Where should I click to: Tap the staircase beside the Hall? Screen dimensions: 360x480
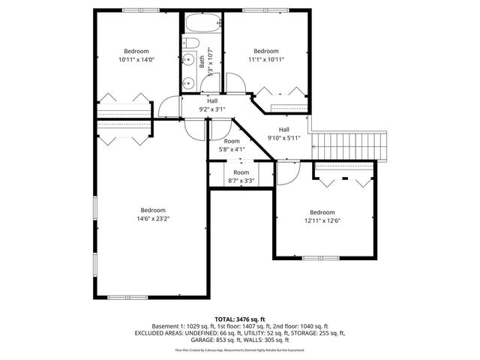pos(352,144)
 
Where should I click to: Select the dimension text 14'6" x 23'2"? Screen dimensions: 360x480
pos(152,219)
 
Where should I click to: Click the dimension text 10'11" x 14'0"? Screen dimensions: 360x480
pos(136,59)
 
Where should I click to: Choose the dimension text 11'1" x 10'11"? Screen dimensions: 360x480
pos(266,59)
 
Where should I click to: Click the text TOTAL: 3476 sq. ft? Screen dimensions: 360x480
pos(240,319)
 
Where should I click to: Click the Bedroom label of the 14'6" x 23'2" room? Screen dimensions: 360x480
pos(153,210)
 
